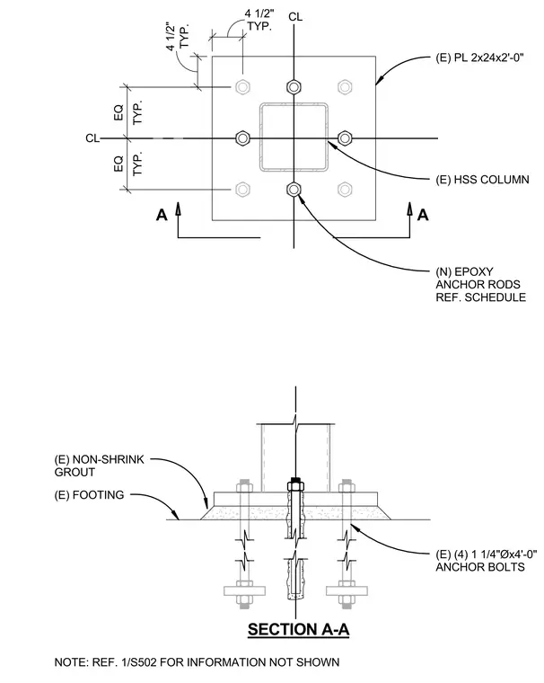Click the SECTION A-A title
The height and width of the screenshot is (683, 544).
click(299, 630)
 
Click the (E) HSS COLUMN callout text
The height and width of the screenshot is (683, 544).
click(483, 180)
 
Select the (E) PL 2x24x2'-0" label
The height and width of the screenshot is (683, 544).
click(479, 58)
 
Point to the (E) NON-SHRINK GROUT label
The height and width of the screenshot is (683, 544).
click(100, 466)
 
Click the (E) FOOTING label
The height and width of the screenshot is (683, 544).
click(89, 495)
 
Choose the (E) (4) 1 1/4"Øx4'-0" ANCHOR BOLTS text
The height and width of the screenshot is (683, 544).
click(487, 561)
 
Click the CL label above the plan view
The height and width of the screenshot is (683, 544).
click(295, 17)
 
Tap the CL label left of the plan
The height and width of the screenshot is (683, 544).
click(92, 138)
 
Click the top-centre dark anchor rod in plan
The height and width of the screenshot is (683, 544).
click(294, 87)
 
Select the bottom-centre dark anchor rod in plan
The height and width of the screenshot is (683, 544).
click(294, 190)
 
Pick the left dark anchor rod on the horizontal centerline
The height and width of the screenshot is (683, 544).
click(242, 138)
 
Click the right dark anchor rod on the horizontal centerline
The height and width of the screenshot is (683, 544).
click(345, 138)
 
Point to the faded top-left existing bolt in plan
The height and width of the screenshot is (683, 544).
click(242, 87)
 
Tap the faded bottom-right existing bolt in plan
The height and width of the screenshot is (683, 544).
click(345, 190)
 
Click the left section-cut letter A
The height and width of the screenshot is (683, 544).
click(162, 215)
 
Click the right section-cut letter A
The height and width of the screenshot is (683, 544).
click(423, 215)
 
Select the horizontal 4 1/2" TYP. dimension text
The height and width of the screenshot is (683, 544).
click(259, 20)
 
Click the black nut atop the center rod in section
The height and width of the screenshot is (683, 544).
click(296, 483)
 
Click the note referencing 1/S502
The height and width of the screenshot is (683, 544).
click(197, 662)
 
